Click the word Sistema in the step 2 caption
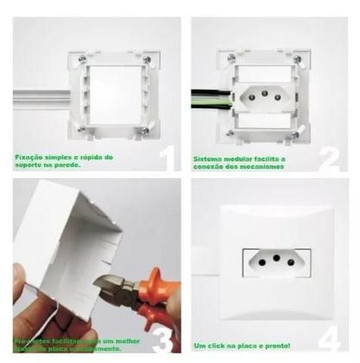click(x=210, y=158)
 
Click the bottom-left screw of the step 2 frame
click(x=226, y=130)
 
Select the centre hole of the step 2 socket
click(x=262, y=94)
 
